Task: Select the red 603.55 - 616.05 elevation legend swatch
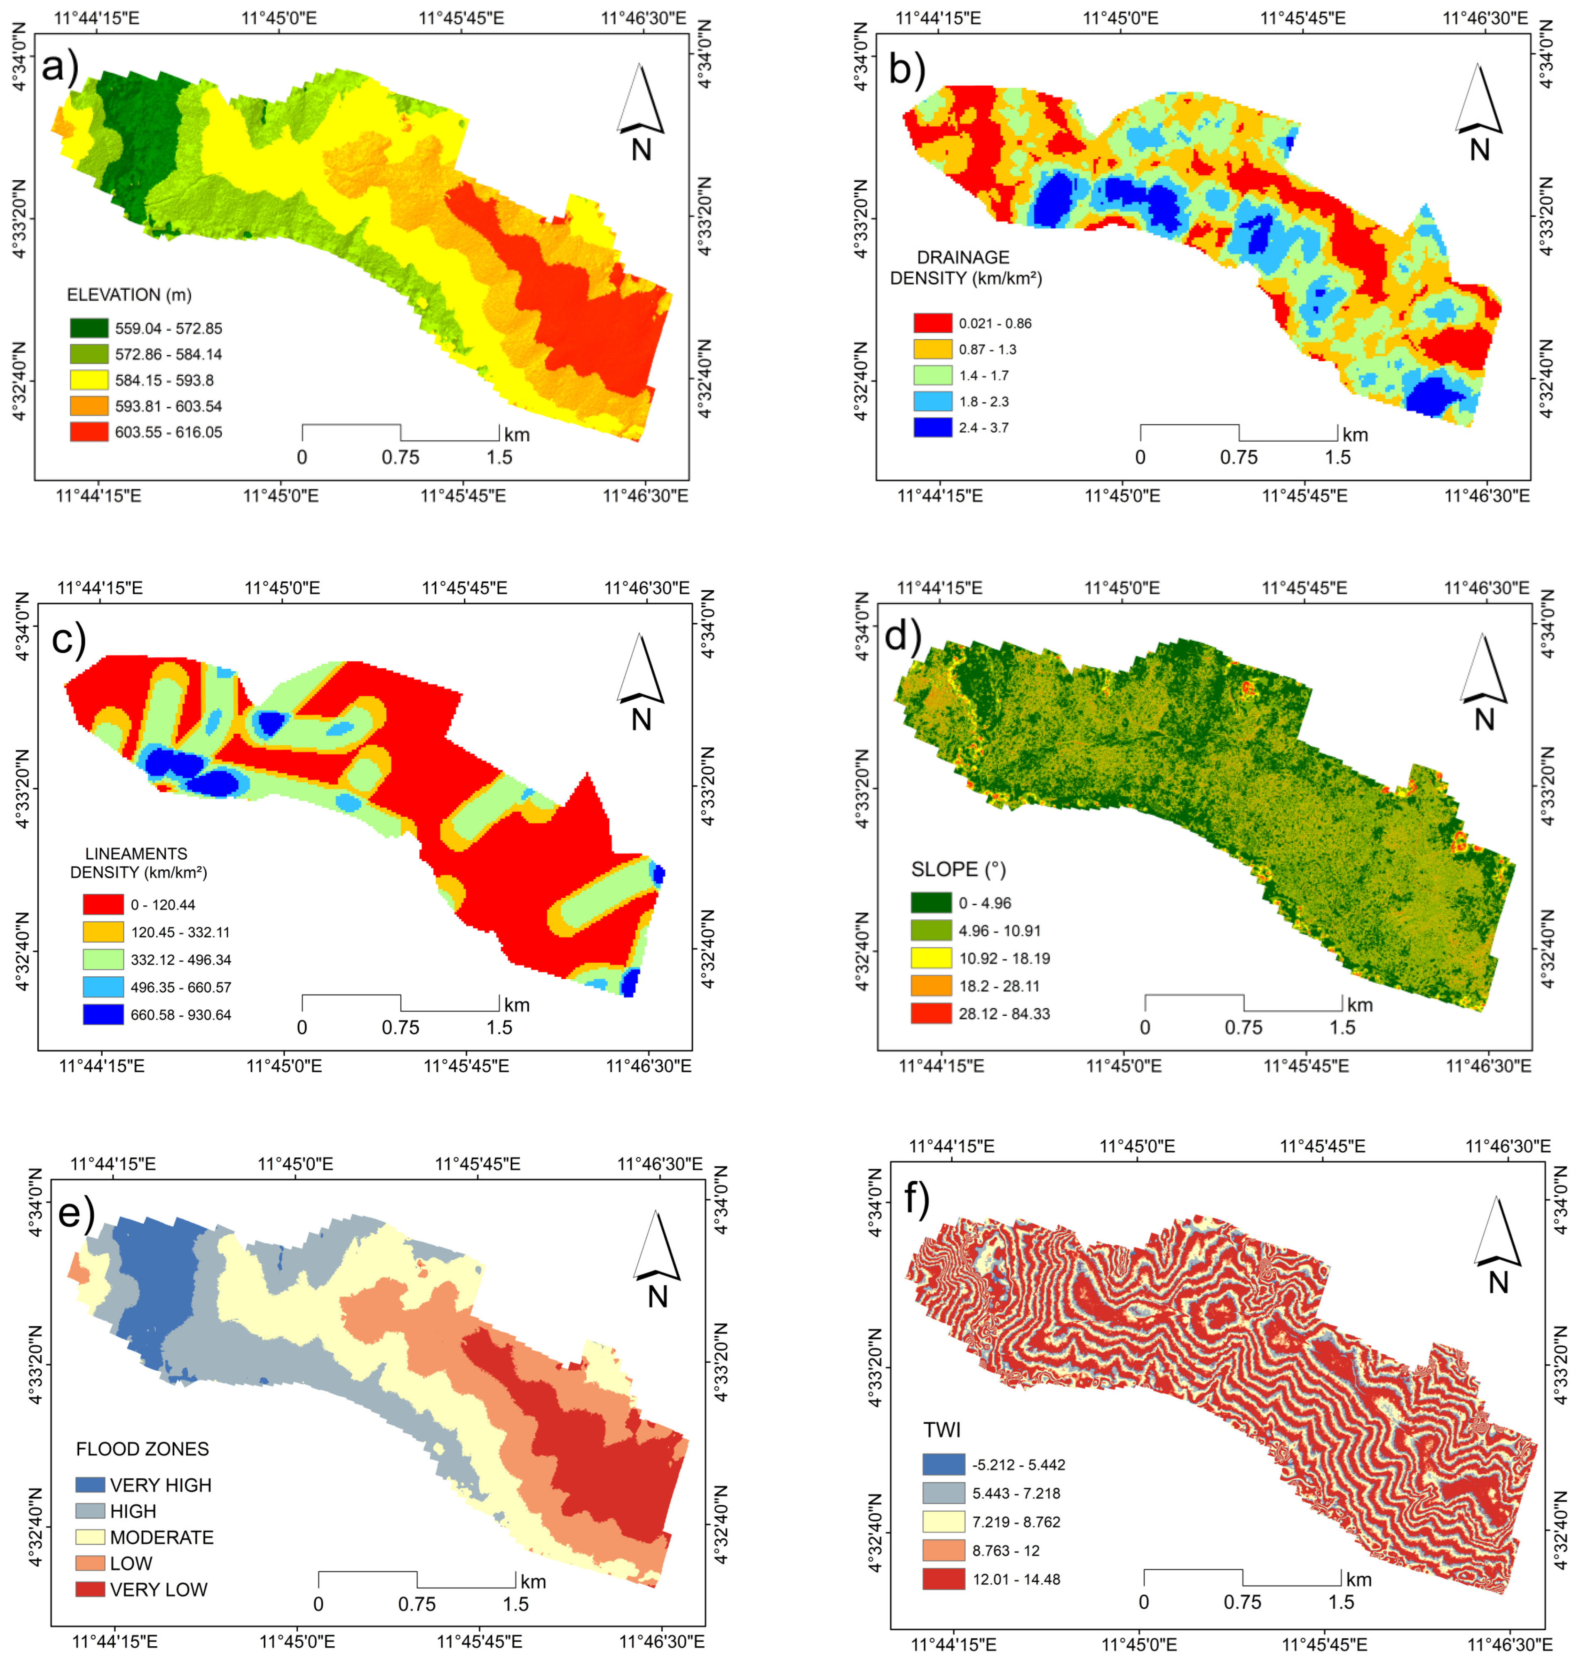(89, 432)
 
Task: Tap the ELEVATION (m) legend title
(130, 295)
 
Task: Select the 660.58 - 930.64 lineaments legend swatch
(103, 1014)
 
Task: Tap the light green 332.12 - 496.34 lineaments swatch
(103, 959)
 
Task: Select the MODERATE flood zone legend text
(162, 1537)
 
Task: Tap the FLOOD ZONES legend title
(142, 1449)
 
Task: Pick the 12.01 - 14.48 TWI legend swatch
(942, 1579)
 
